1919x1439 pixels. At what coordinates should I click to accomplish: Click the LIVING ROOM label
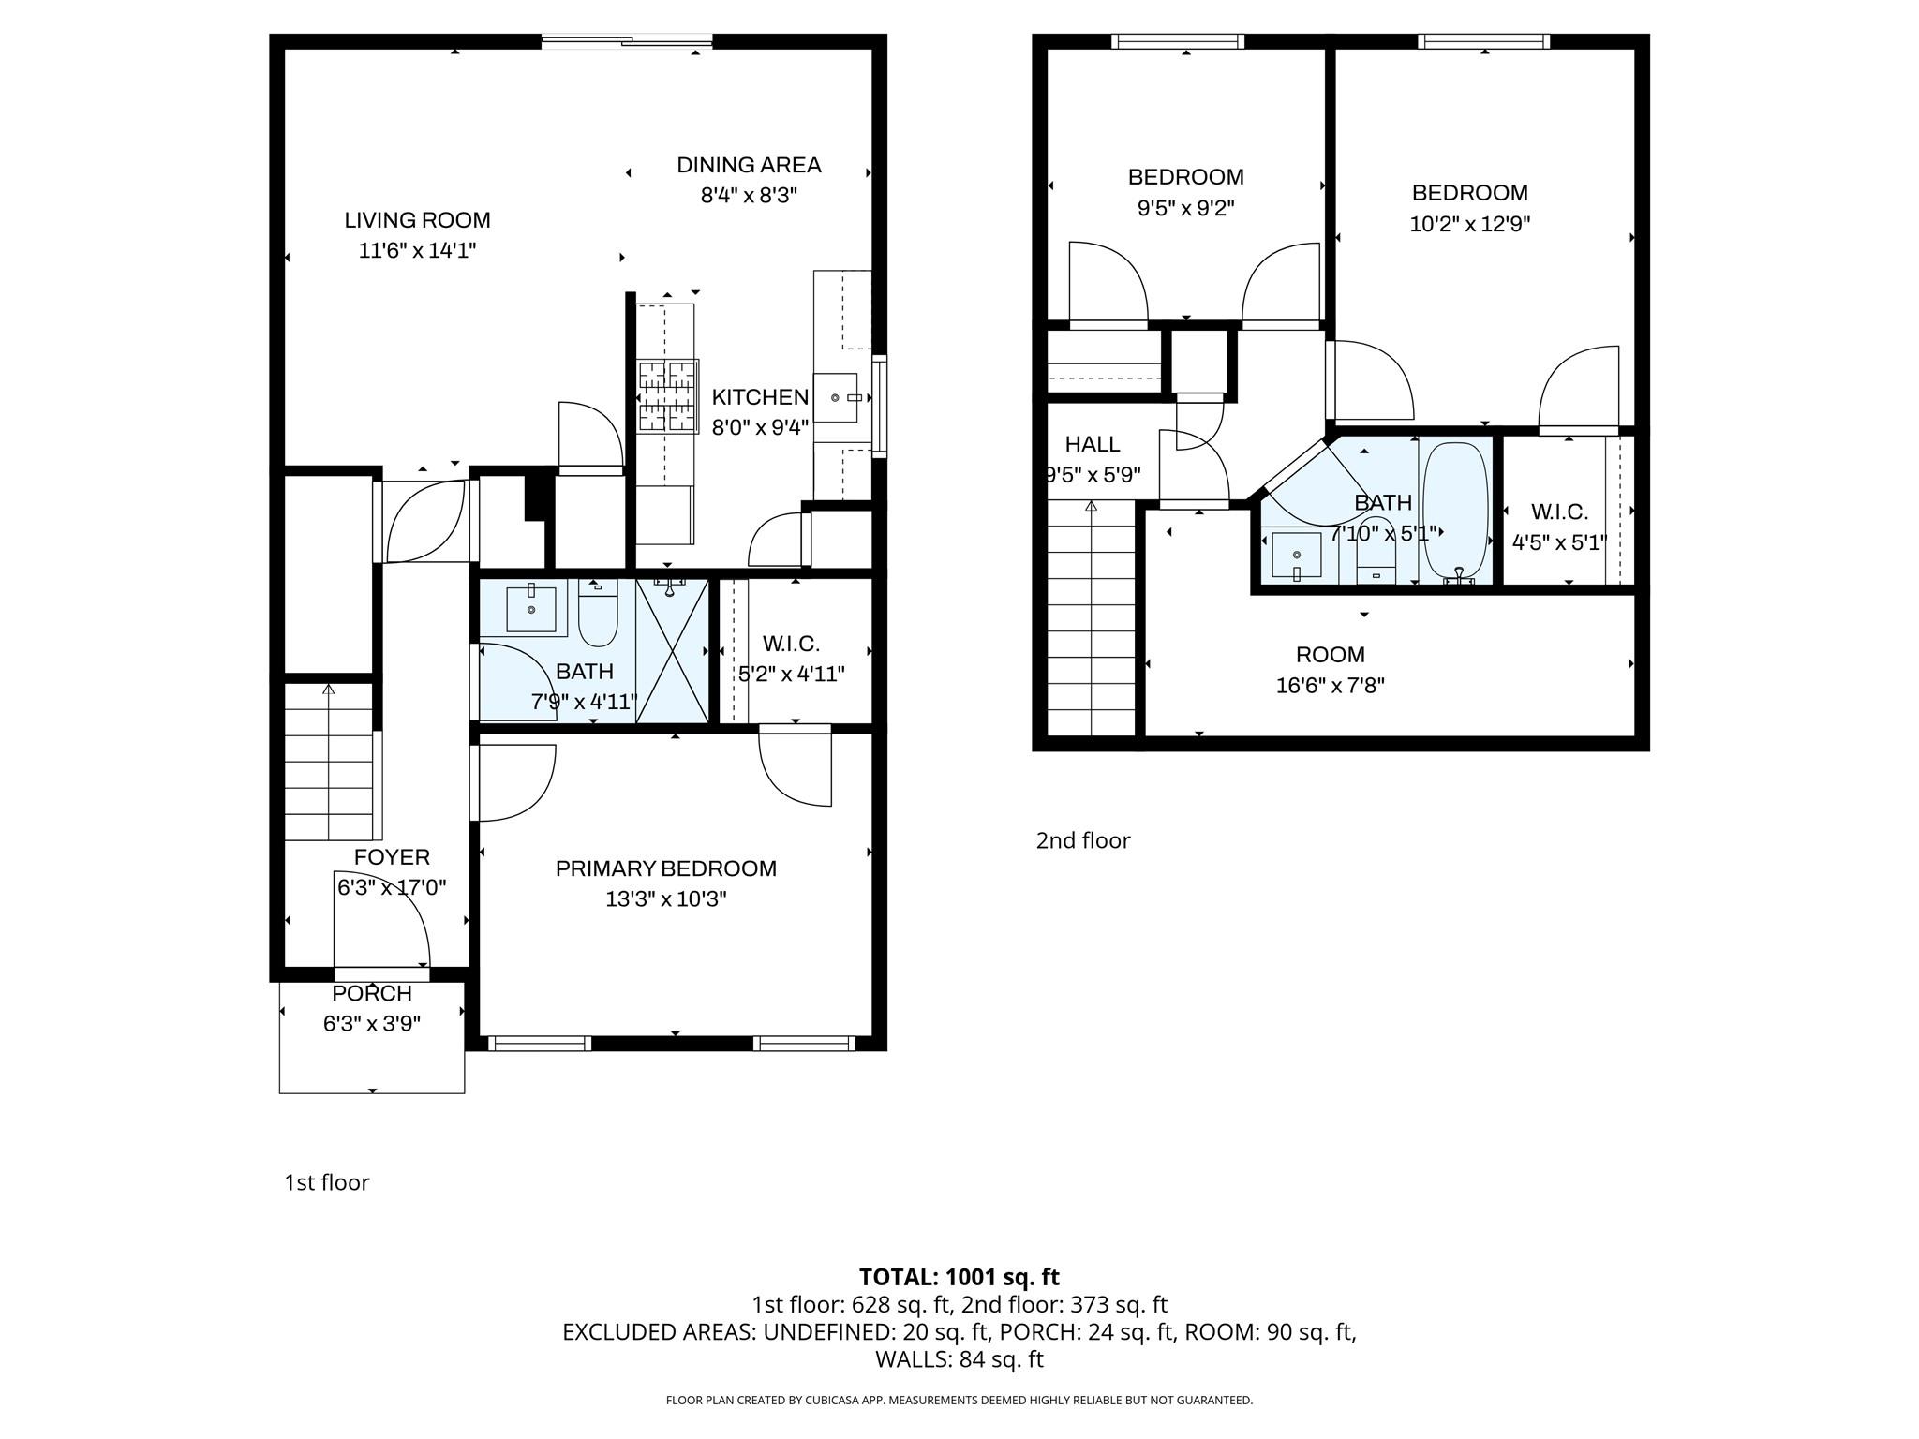(417, 220)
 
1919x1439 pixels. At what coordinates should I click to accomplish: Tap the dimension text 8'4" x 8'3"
(748, 196)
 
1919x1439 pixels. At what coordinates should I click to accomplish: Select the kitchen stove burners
(669, 396)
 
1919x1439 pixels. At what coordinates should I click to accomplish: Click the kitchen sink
(836, 398)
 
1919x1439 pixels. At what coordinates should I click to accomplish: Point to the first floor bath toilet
(598, 615)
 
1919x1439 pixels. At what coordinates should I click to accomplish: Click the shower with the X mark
(672, 651)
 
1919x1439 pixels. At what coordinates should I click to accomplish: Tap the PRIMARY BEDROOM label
(665, 868)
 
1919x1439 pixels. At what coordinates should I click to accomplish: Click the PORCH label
(372, 993)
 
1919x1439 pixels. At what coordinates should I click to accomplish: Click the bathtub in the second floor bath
(1455, 511)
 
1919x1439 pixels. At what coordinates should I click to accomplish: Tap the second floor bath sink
(1296, 555)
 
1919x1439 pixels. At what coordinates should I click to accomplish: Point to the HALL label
(1092, 444)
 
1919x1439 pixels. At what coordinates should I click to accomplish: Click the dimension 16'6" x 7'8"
(1330, 686)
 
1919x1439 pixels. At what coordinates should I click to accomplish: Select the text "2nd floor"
(1082, 840)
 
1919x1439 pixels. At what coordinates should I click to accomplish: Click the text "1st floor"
(327, 1182)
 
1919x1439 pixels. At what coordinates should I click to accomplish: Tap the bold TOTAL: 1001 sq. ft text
(959, 1277)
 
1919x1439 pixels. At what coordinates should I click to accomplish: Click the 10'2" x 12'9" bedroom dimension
(1469, 225)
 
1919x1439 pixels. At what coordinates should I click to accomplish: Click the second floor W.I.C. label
(1559, 512)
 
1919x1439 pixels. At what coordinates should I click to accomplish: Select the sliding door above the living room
(627, 40)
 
